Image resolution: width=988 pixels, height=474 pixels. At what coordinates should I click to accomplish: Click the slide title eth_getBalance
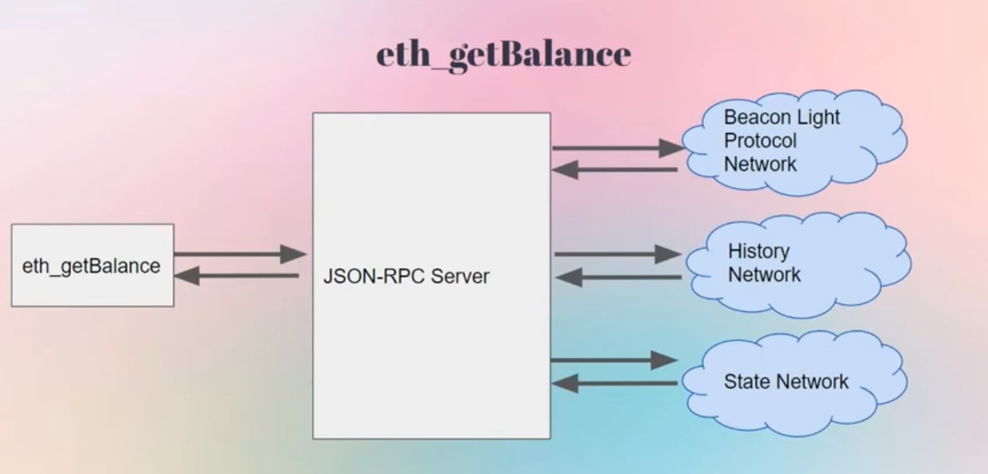(x=504, y=55)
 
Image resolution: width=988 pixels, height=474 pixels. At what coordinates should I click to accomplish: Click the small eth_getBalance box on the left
(x=92, y=265)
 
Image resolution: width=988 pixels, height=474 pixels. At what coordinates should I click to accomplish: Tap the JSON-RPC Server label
(x=406, y=277)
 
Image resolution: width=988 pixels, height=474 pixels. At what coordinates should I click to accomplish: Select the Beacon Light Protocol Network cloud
(x=793, y=142)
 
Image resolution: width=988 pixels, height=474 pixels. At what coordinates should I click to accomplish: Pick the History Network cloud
(x=796, y=265)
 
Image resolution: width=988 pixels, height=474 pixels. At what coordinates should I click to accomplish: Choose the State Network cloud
(x=793, y=382)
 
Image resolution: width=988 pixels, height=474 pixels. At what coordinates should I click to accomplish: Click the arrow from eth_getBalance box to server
(x=239, y=254)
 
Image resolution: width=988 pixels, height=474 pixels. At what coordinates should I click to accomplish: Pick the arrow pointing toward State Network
(x=614, y=360)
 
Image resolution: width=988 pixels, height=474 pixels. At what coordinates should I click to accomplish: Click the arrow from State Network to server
(x=614, y=383)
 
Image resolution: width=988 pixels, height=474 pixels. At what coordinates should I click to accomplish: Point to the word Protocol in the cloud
(x=760, y=140)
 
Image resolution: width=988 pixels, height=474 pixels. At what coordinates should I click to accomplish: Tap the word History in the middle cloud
(x=758, y=251)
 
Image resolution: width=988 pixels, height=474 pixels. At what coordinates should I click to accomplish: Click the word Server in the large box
(x=460, y=277)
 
